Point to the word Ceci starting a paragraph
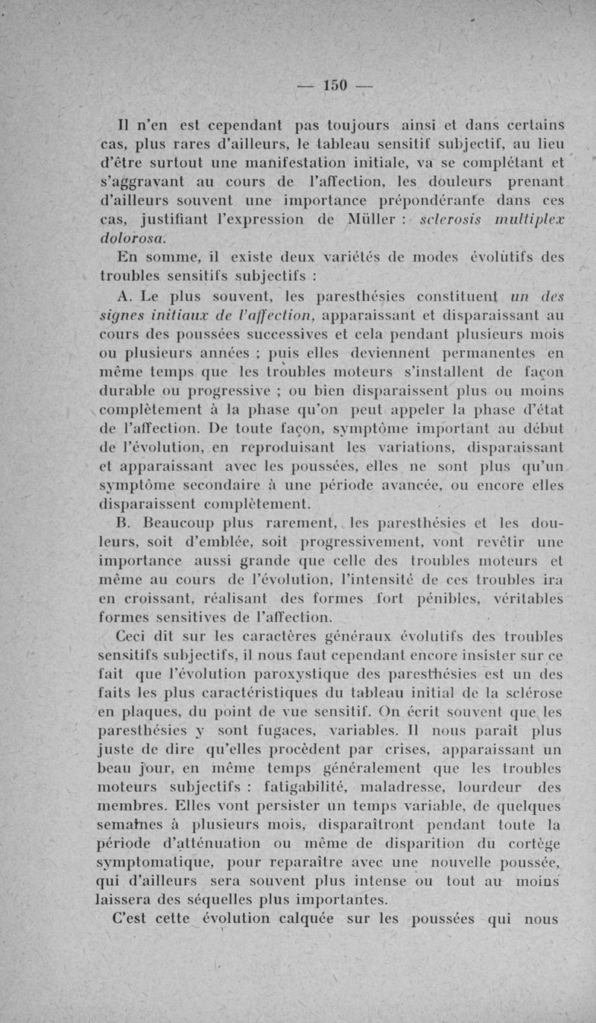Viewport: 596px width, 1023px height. click(135, 636)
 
